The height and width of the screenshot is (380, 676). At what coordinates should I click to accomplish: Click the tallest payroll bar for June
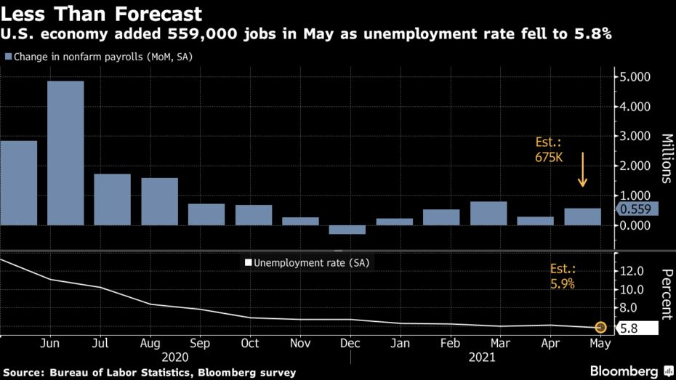click(65, 153)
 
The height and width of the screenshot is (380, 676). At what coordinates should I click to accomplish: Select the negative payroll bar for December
click(347, 230)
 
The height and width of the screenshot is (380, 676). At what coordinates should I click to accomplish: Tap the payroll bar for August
click(160, 201)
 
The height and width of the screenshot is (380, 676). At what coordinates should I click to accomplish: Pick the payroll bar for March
click(488, 213)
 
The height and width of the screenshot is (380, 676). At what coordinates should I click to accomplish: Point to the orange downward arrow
click(583, 171)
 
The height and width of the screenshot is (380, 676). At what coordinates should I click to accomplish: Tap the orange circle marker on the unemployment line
click(600, 328)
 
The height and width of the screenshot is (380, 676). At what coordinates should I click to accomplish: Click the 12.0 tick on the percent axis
click(629, 271)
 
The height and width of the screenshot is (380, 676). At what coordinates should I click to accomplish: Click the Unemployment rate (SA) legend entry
click(309, 263)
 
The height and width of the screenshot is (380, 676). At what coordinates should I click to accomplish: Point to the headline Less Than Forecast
click(101, 14)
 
